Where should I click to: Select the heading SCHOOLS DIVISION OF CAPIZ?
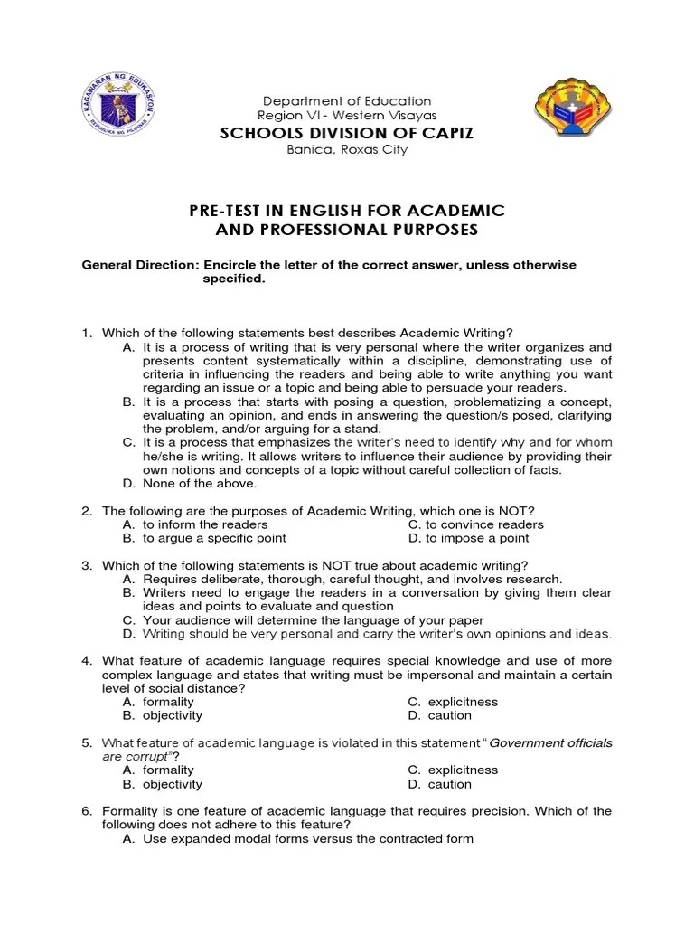click(x=348, y=133)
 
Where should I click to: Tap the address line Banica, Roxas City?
click(x=347, y=150)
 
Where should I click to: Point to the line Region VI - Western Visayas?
click(x=347, y=116)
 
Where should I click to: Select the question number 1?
click(x=88, y=334)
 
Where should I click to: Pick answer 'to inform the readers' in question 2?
click(x=205, y=524)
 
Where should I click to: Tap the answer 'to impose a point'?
click(x=477, y=538)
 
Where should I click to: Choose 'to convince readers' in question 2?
click(x=484, y=524)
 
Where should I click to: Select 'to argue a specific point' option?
click(x=214, y=538)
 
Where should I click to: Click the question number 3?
click(x=88, y=565)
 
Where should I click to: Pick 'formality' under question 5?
click(x=168, y=770)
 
